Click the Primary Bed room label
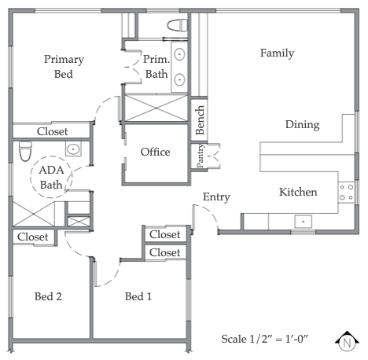click(64, 67)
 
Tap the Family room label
click(277, 53)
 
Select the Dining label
click(302, 124)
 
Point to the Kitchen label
click(298, 192)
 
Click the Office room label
click(155, 152)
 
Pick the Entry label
click(216, 197)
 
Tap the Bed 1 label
click(139, 296)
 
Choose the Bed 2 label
click(48, 296)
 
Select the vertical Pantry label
click(201, 155)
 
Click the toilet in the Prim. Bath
click(176, 25)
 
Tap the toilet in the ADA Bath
click(24, 149)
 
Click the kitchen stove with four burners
click(345, 193)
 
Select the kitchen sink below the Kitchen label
click(302, 222)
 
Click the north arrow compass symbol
click(345, 342)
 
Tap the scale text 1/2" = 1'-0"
click(267, 338)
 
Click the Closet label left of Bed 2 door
click(32, 236)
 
